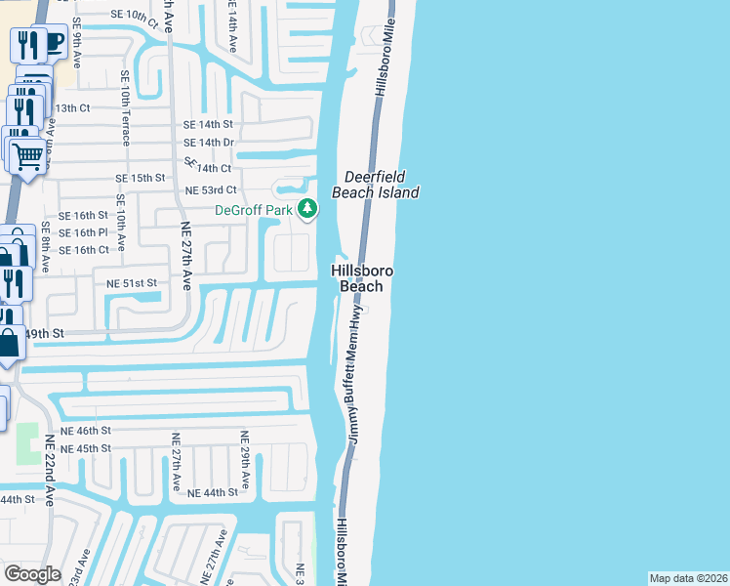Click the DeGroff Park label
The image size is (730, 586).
(x=255, y=210)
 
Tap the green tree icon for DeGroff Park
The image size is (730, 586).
(x=307, y=209)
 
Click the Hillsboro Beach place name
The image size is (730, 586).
(x=362, y=278)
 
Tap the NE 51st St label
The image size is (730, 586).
(x=132, y=283)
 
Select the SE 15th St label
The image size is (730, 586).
(x=141, y=179)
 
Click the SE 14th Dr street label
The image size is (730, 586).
(x=209, y=143)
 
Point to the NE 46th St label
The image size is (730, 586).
(x=87, y=430)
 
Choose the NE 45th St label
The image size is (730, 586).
(x=86, y=448)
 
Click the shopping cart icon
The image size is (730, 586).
(x=27, y=153)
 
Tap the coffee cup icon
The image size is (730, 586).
(x=53, y=42)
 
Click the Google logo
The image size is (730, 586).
(x=32, y=574)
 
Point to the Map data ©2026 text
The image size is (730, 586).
(x=688, y=578)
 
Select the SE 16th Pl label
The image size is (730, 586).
(x=83, y=232)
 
